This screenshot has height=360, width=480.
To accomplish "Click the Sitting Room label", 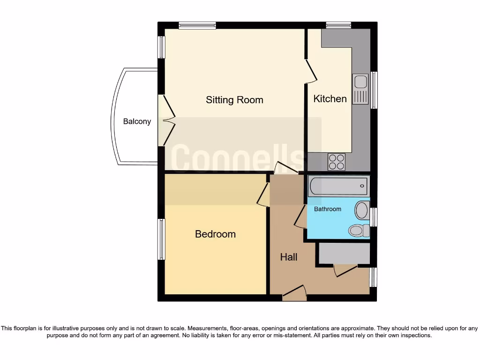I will click(x=234, y=100).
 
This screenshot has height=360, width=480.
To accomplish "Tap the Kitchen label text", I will click(x=330, y=98).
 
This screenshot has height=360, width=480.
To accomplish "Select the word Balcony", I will click(x=137, y=121).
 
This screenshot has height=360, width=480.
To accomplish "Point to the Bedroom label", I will click(x=215, y=234).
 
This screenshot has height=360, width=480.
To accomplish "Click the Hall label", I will click(x=289, y=257).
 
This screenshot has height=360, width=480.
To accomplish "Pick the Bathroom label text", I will click(x=328, y=209).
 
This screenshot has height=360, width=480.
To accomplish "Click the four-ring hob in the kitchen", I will click(x=337, y=162).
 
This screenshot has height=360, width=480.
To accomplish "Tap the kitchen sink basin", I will click(x=360, y=82).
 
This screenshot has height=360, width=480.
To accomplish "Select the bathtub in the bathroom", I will click(x=338, y=187).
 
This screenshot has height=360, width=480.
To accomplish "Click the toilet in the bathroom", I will click(x=358, y=230).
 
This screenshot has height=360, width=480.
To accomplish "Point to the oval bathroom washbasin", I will click(x=362, y=210).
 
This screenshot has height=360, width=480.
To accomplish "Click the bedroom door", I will click(x=263, y=195).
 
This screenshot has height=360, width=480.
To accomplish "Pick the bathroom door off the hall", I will click(x=300, y=218).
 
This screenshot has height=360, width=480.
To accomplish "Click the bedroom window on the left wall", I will click(x=161, y=239).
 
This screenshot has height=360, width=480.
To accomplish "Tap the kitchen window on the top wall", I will click(x=338, y=25).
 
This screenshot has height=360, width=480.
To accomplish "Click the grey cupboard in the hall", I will click(x=344, y=253).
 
